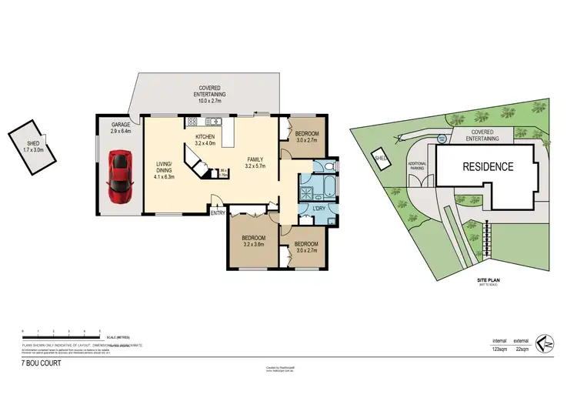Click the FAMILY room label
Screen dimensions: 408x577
254,160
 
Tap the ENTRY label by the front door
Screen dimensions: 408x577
218,213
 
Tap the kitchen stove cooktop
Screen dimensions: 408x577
192,122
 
